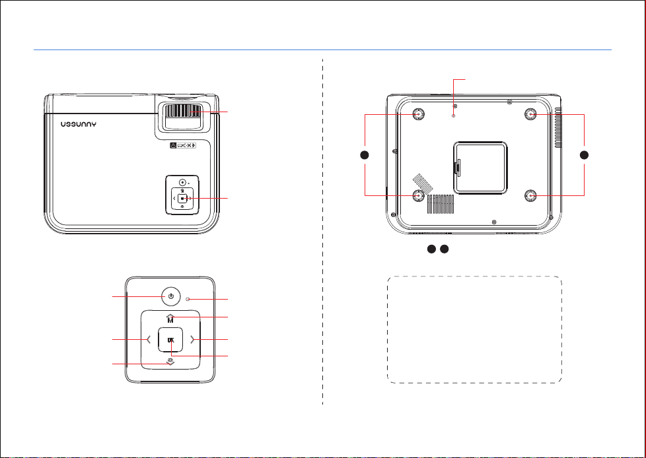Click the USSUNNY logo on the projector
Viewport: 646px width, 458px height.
[x=79, y=124]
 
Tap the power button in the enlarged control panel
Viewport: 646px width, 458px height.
[x=170, y=296]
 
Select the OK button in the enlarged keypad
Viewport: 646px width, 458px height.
[x=170, y=340]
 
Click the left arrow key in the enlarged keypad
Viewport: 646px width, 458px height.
[x=149, y=340]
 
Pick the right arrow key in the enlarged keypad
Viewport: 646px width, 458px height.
[x=192, y=340]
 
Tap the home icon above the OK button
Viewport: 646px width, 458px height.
[x=170, y=318]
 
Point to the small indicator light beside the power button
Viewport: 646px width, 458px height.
[x=188, y=299]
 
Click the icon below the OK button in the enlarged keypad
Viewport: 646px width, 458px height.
[x=170, y=362]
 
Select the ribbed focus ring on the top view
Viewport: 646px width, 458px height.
[x=182, y=112]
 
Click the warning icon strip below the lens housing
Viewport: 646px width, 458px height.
[x=183, y=145]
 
